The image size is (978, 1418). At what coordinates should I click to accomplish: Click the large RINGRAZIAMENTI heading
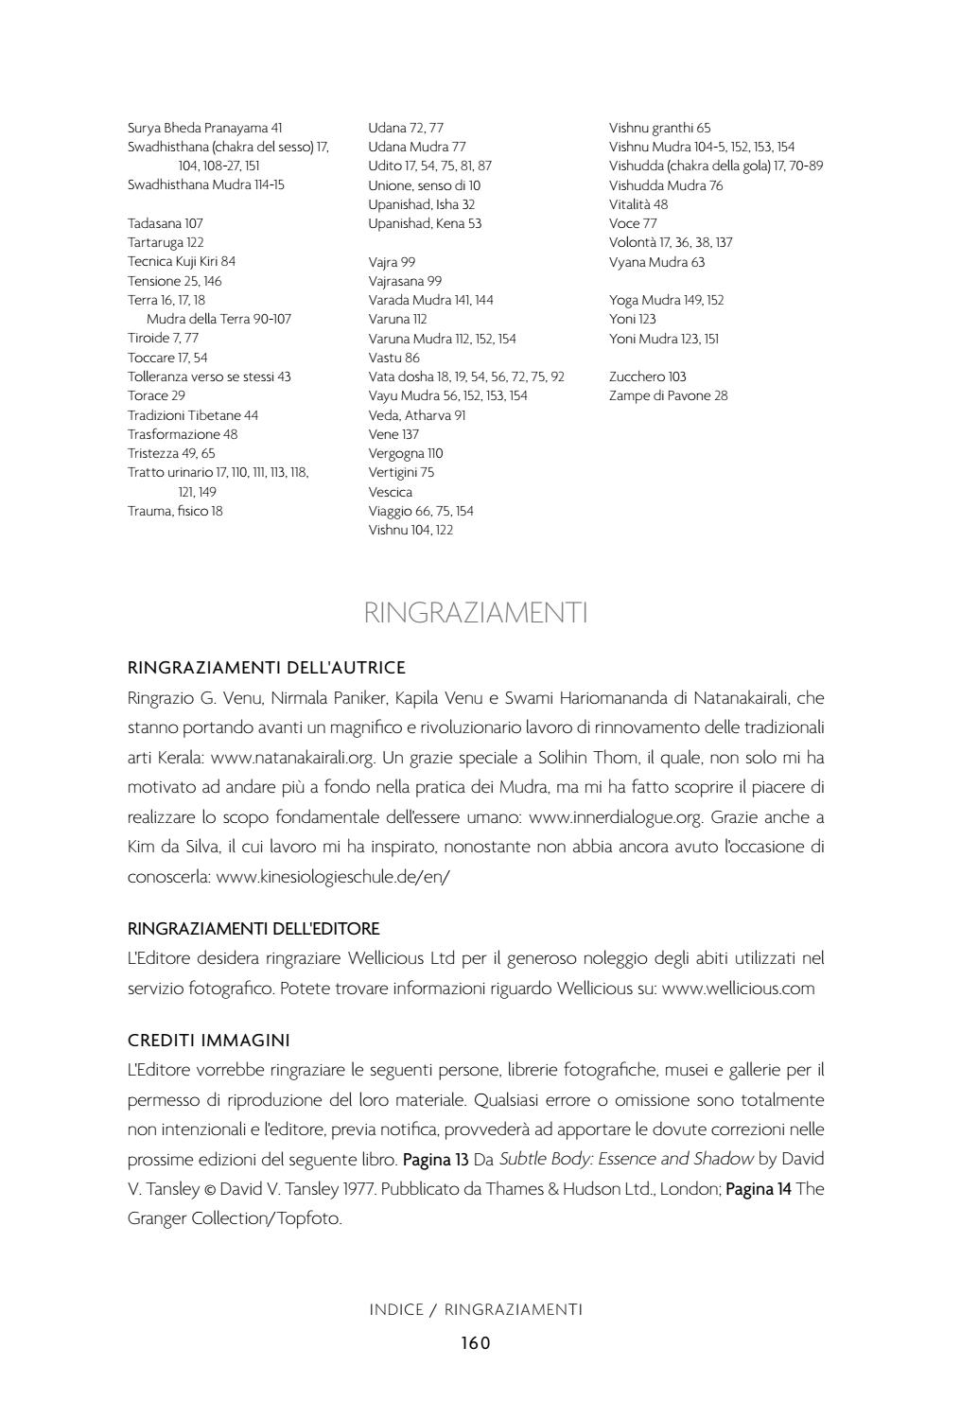pyautogui.click(x=476, y=613)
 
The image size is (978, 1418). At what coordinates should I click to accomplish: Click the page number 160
pyautogui.click(x=476, y=1342)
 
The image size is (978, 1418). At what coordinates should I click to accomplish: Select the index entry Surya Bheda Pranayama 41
pyautogui.click(x=205, y=128)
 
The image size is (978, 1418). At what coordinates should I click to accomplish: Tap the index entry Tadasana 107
pyautogui.click(x=166, y=223)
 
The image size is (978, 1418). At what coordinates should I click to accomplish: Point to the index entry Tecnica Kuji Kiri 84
pyautogui.click(x=182, y=261)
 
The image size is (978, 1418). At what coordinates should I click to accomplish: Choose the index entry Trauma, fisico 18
pyautogui.click(x=175, y=511)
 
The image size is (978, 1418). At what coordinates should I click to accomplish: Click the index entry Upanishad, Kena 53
pyautogui.click(x=425, y=223)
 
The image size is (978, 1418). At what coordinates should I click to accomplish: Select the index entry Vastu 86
pyautogui.click(x=393, y=358)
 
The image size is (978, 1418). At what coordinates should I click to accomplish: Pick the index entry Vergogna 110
pyautogui.click(x=405, y=453)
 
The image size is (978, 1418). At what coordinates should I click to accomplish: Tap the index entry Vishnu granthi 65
pyautogui.click(x=659, y=128)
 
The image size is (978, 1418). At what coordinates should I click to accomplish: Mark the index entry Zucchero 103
pyautogui.click(x=648, y=376)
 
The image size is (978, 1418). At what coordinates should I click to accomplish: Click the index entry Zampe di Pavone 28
pyautogui.click(x=668, y=395)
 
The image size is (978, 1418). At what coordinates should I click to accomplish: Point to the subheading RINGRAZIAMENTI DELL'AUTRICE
pyautogui.click(x=267, y=668)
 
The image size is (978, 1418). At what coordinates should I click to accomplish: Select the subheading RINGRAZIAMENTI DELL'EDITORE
pyautogui.click(x=253, y=928)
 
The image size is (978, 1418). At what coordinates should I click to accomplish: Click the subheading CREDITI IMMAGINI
pyautogui.click(x=208, y=1040)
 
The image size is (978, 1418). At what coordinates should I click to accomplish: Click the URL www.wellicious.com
pyautogui.click(x=738, y=989)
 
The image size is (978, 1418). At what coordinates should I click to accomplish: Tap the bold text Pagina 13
pyautogui.click(x=436, y=1159)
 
